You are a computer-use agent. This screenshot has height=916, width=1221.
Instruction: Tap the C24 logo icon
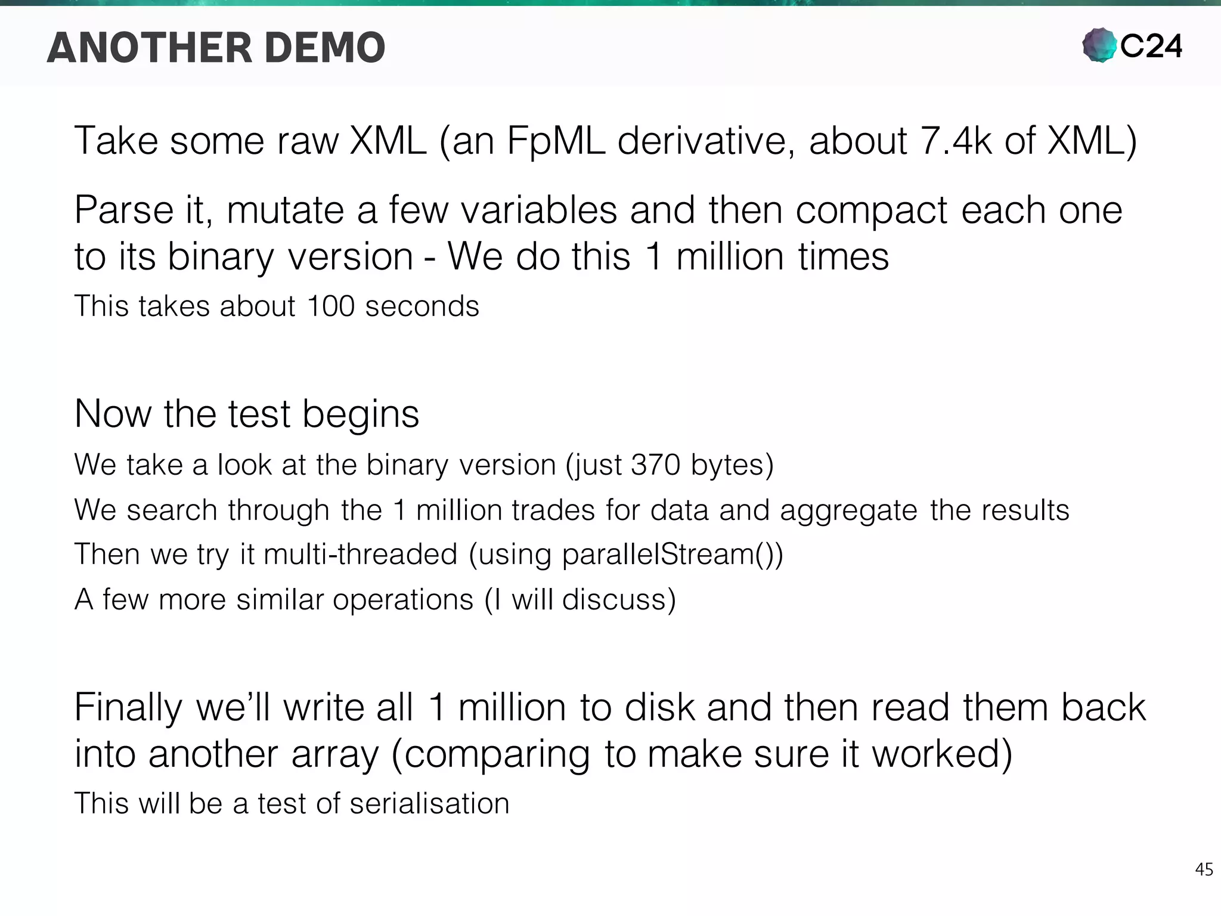1099,45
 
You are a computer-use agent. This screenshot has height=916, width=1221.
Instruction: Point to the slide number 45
1204,869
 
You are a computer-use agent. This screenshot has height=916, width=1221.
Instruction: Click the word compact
871,211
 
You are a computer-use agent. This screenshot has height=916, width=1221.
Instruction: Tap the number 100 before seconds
331,306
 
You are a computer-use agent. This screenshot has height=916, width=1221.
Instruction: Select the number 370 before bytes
655,465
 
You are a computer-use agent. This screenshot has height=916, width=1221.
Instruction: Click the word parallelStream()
671,555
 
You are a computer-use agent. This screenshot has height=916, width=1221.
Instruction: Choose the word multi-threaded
360,554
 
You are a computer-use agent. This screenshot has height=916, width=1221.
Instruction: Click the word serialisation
429,803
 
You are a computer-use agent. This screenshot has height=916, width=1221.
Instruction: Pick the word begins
361,414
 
